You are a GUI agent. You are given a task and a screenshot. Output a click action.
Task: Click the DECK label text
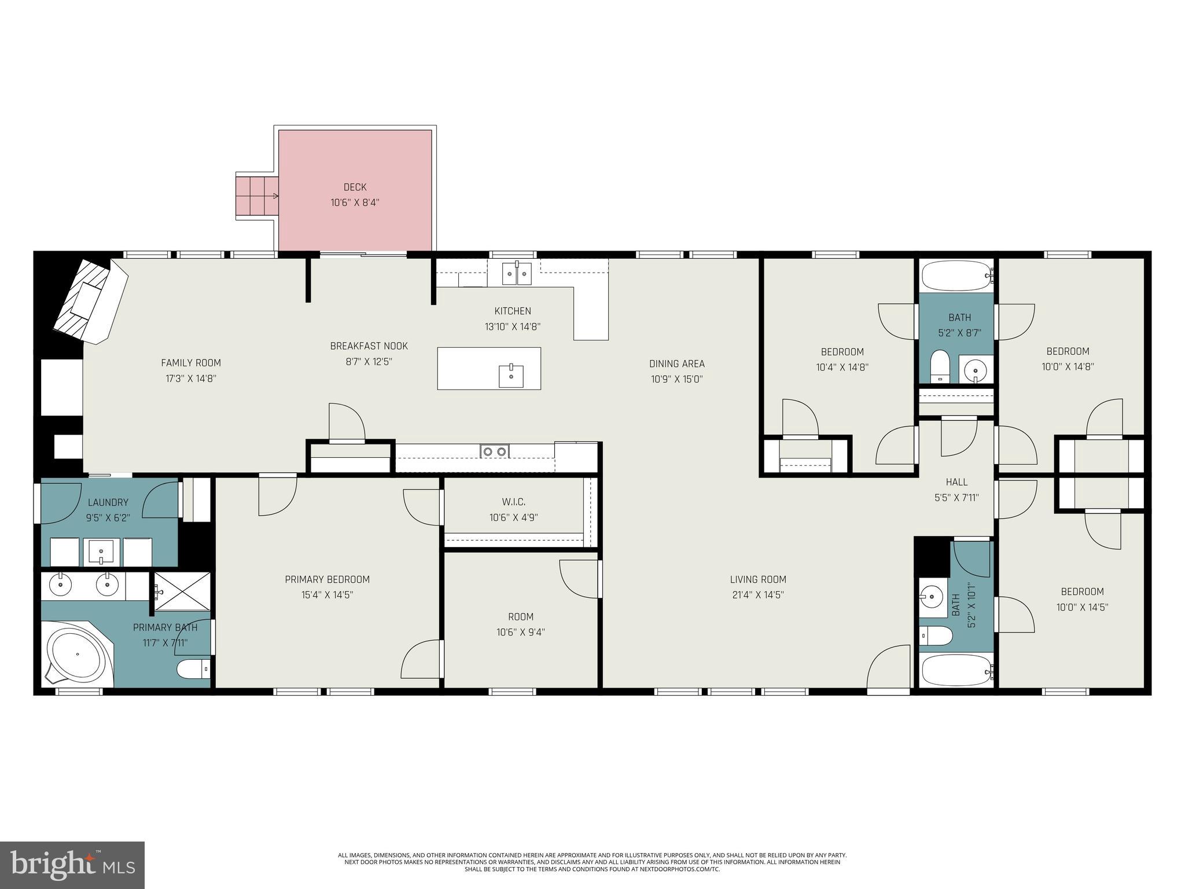click(355, 187)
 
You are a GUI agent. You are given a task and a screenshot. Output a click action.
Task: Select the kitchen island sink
click(511, 376)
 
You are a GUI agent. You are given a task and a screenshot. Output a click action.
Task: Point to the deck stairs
click(256, 196)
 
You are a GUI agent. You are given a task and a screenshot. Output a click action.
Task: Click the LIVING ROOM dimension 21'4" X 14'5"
click(757, 594)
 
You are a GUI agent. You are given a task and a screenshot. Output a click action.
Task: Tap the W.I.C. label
click(513, 502)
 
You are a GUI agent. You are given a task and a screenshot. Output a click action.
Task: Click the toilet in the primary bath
click(193, 670)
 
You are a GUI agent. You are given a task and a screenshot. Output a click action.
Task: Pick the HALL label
click(956, 482)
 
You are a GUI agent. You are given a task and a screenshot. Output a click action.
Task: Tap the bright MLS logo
click(72, 865)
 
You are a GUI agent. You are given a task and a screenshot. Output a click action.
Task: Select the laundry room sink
click(102, 552)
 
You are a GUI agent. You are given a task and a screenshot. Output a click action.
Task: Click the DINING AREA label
click(676, 363)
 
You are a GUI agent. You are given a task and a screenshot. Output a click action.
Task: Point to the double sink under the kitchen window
click(516, 273)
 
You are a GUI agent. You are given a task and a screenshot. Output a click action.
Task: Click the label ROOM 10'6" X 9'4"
click(520, 624)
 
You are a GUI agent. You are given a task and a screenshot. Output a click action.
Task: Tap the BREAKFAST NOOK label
click(369, 346)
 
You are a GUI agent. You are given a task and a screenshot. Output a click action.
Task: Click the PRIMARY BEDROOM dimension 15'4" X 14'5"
click(327, 594)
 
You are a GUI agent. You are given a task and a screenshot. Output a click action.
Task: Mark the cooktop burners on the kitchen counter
click(495, 451)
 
